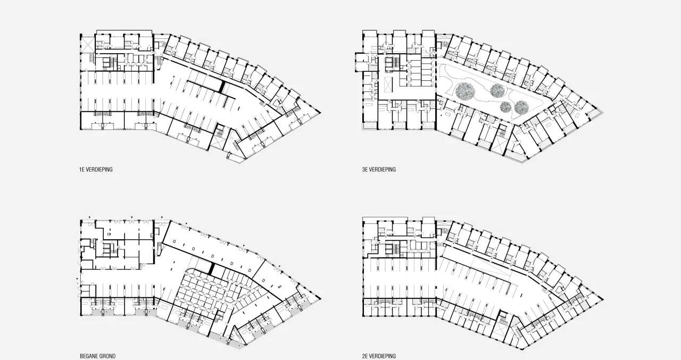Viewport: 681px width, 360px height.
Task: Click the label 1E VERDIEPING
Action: [x=96, y=170]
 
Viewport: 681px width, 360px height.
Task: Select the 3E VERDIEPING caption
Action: [x=379, y=170]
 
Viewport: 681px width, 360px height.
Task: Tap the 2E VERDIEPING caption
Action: [x=379, y=356]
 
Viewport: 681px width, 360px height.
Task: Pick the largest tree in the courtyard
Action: [x=465, y=91]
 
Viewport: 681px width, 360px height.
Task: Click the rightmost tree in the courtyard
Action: [x=522, y=107]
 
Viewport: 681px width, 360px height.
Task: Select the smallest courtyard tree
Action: [x=505, y=107]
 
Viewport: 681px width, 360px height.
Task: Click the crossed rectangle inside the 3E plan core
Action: [x=388, y=84]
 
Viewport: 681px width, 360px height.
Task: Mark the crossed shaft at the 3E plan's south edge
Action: [x=499, y=144]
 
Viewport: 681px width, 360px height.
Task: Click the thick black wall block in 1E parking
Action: [x=222, y=86]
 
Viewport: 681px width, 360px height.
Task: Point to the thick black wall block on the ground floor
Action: [x=213, y=269]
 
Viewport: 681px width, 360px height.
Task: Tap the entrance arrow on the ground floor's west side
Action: [x=77, y=278]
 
